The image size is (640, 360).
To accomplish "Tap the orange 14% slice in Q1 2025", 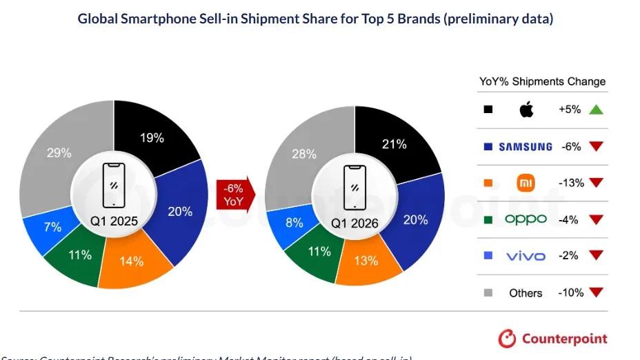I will [131, 261].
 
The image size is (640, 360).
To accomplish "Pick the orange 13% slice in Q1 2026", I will [366, 261].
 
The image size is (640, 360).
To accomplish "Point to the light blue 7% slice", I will [53, 227].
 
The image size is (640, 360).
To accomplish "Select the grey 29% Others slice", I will [59, 153].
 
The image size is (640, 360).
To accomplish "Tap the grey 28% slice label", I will [303, 154].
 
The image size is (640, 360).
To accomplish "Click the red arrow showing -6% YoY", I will [233, 194].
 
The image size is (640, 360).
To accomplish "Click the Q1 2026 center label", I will [354, 223].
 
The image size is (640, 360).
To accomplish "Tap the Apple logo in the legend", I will [526, 110].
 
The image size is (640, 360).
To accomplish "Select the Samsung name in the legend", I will [526, 146].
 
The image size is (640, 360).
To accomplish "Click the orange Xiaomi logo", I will [526, 183].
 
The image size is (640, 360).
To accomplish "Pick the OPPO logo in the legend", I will [526, 219].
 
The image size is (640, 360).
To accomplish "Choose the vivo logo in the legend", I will [526, 256].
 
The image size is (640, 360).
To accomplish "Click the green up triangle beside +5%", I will [596, 110].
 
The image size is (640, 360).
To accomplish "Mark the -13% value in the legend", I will [571, 183].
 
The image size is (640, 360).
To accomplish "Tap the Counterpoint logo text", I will [564, 339].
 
